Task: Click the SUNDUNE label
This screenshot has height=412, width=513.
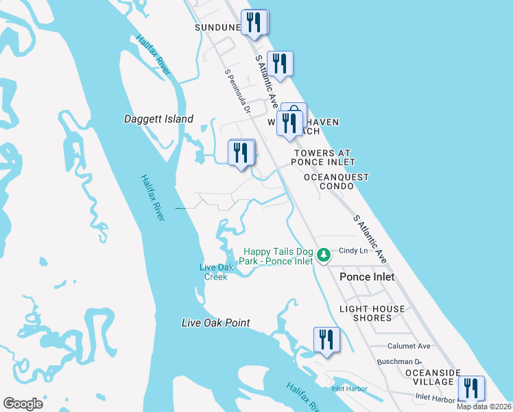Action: coord(217,27)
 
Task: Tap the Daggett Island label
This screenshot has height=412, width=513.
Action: coord(158,119)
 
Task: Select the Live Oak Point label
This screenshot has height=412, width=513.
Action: coord(215,323)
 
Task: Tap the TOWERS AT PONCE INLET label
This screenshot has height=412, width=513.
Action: coord(323,157)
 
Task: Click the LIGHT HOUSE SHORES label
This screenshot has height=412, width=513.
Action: coord(372,314)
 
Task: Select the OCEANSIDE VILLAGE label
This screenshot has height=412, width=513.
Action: coord(429,377)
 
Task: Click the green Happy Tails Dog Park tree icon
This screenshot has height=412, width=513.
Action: coord(322,256)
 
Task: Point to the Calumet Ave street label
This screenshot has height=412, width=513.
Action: coord(409,346)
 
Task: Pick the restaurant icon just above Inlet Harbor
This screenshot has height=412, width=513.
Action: coord(326,339)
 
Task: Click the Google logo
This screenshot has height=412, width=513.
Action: coord(23,404)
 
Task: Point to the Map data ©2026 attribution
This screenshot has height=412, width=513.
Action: coord(484,407)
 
